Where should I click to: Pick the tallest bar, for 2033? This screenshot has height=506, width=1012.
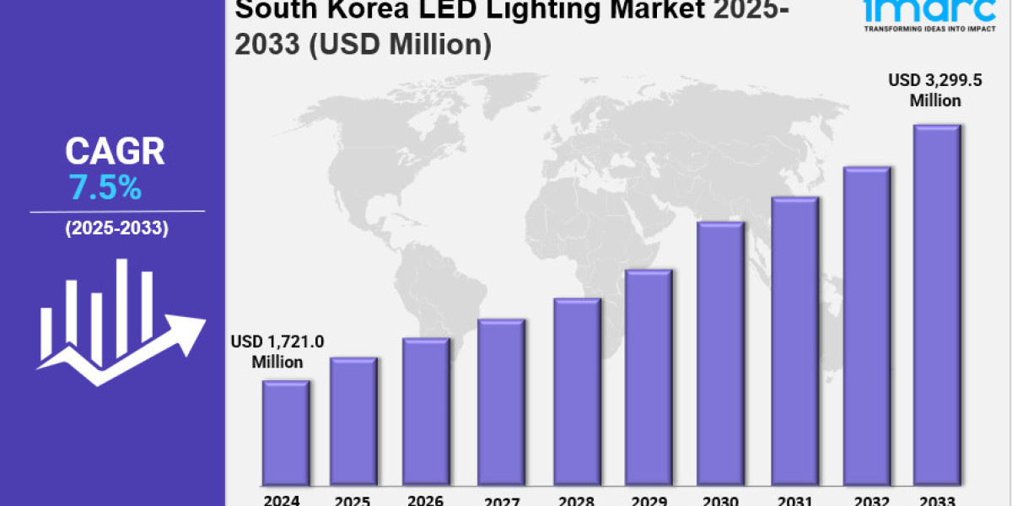click(936, 304)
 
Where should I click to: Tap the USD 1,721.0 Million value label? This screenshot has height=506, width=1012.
click(277, 352)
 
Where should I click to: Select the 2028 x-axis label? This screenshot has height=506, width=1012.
click(576, 499)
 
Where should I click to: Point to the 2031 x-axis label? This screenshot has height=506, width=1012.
click(794, 499)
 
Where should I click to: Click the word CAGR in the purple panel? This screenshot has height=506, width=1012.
click(115, 153)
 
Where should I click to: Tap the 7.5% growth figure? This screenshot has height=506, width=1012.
click(105, 189)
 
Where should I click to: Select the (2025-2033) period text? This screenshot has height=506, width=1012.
click(116, 228)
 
